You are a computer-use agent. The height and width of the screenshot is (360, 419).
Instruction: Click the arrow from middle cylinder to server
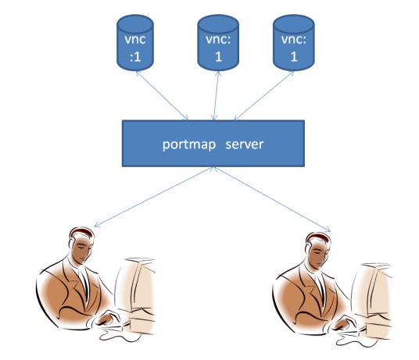coord(215,95)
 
